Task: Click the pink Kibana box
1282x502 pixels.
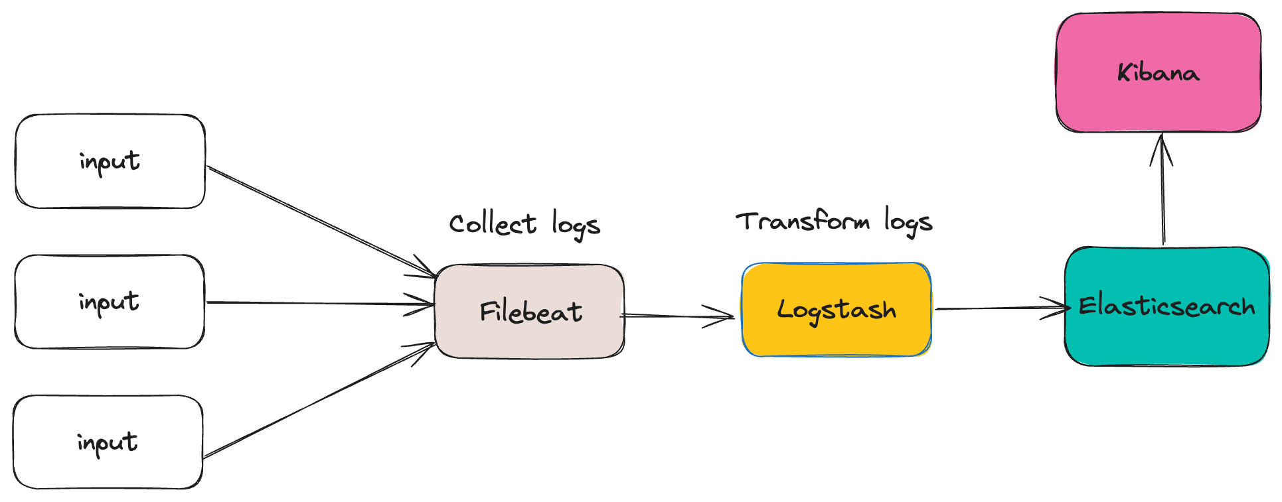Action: point(1158,73)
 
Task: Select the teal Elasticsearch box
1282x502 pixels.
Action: point(1166,306)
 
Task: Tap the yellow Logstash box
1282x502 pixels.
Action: point(836,310)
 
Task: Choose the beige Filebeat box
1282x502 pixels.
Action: point(530,312)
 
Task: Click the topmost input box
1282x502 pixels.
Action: point(110,161)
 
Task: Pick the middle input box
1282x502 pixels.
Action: point(110,302)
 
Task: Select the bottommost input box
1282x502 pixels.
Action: point(108,442)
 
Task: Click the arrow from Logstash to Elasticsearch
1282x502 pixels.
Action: point(996,308)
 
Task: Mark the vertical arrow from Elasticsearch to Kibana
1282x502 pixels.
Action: point(1162,199)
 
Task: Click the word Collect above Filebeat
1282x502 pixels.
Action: point(492,224)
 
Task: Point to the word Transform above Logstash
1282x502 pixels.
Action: point(803,221)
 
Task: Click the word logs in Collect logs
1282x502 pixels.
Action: point(576,225)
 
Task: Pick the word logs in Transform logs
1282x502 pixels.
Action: point(908,222)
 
